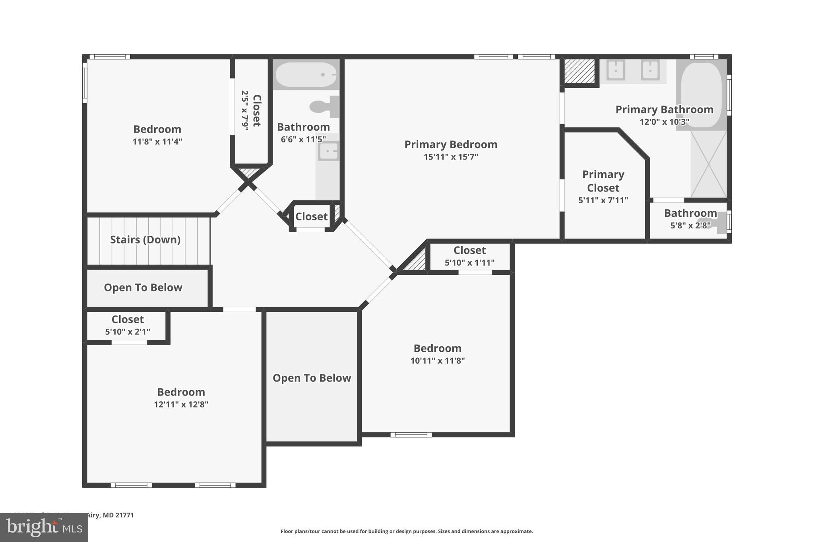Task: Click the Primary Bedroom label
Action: pos(451,145)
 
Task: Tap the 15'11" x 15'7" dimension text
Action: pos(451,157)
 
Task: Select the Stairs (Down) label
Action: pos(145,240)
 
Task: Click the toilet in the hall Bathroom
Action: pos(324,106)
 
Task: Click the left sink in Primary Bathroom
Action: pos(616,70)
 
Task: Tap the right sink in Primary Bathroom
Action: pos(650,70)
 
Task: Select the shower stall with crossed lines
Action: pos(708,164)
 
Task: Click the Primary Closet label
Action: pos(603,181)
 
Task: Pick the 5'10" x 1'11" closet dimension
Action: pos(469,262)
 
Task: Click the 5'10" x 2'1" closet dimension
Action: pos(128,332)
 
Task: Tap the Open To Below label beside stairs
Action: pos(143,287)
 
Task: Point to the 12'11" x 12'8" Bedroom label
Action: pos(181,392)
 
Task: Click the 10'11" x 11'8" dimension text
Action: pos(437,361)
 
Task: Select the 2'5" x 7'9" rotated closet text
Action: pos(245,110)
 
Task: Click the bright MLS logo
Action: pos(44,528)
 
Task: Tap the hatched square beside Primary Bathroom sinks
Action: pos(579,71)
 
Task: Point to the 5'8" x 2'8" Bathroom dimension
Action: pos(690,226)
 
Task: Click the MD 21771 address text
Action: pos(118,515)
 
